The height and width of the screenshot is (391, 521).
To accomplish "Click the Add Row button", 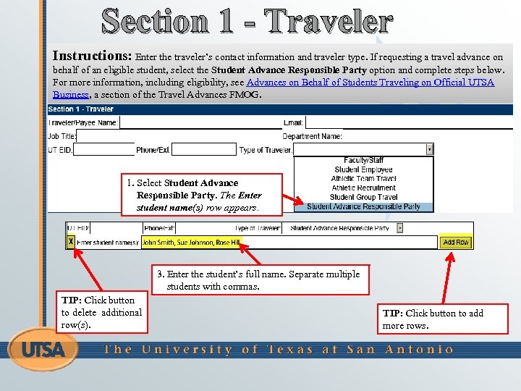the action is [x=456, y=242].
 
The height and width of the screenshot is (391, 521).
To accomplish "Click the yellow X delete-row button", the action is [x=70, y=241].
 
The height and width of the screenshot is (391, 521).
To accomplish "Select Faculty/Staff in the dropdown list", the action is [x=364, y=161].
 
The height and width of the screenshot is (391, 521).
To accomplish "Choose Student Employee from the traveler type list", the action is [x=364, y=169].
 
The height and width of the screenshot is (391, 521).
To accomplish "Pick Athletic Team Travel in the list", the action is [x=364, y=179].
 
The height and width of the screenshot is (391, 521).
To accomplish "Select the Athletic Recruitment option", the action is [x=364, y=188].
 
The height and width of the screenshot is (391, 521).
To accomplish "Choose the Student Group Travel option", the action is [x=364, y=197].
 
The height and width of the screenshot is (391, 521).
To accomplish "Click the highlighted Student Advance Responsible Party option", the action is [x=364, y=206].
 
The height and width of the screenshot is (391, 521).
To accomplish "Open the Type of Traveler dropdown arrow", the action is [x=430, y=149].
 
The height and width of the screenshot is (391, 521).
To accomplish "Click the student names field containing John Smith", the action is [x=289, y=243].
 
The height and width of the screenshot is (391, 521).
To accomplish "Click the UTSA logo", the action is [x=43, y=350].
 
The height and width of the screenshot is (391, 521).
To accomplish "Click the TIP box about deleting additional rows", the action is [x=101, y=312].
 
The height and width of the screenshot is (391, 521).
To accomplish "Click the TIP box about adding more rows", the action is [x=443, y=319].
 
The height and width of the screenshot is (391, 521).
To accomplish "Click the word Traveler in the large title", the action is [x=329, y=22].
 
